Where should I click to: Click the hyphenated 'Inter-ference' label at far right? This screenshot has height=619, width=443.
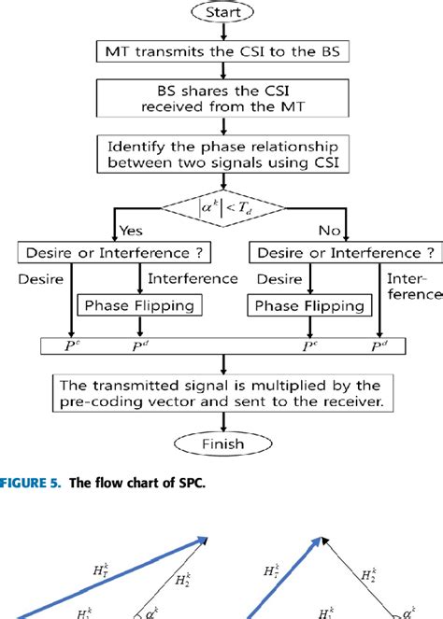[x=415, y=286]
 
